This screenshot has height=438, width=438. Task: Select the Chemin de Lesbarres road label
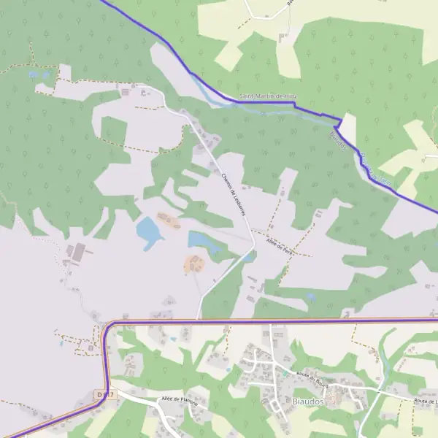click(231, 193)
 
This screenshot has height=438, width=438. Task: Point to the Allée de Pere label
click(280, 245)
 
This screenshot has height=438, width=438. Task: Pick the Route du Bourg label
click(311, 376)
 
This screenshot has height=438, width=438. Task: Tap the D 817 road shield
click(105, 394)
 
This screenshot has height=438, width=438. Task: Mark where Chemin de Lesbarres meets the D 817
click(197, 319)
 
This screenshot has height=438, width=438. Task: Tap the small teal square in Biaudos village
click(285, 372)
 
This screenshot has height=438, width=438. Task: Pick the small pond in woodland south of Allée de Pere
click(312, 297)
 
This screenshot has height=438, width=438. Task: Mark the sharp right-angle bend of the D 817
click(109, 324)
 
